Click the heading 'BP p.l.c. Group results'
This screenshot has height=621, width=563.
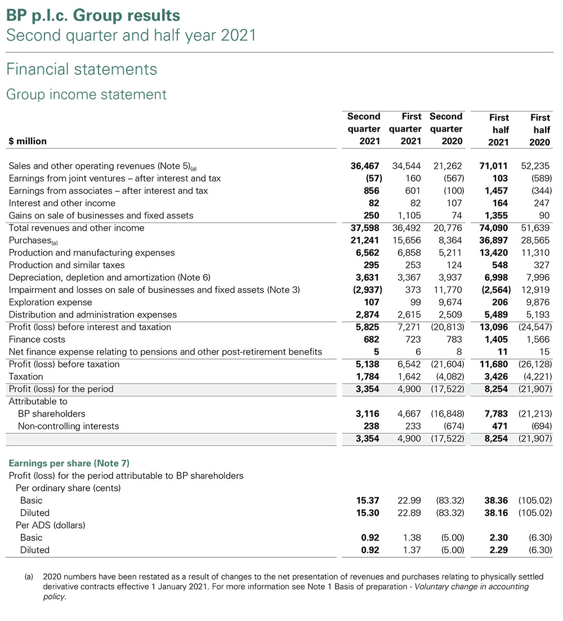tap(93, 15)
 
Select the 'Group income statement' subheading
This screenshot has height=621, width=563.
tap(86, 94)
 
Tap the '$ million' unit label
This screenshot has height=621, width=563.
tap(28, 141)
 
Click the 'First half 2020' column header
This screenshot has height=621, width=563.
tap(539, 130)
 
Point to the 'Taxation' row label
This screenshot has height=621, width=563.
tap(26, 377)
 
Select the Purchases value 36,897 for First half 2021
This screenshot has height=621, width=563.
tap(494, 240)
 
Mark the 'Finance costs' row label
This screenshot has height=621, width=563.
tap(37, 339)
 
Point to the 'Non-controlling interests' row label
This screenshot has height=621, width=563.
tap(68, 426)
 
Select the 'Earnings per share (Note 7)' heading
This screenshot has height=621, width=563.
tap(69, 463)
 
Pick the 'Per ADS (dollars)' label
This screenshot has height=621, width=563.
tap(50, 525)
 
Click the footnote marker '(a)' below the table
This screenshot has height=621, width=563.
tap(28, 577)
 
